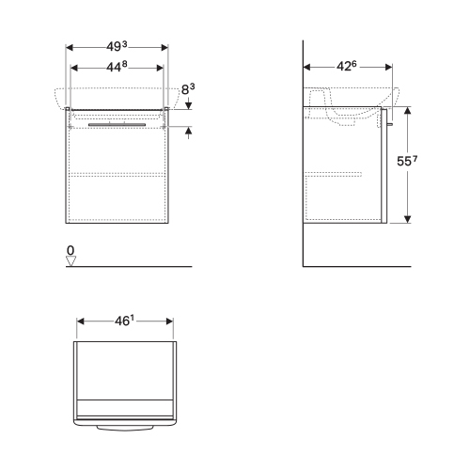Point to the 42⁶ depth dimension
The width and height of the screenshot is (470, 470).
[x=346, y=67]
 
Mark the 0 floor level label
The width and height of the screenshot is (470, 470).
[x=70, y=250]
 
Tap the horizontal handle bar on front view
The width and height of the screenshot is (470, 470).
[x=117, y=122]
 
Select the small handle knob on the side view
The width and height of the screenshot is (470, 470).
[x=389, y=123]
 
